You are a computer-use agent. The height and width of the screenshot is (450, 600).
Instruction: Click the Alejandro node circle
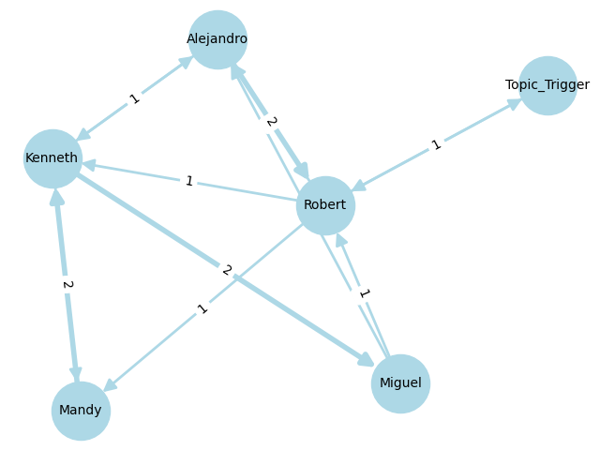point(217,39)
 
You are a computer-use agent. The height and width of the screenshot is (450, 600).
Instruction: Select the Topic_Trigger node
point(547,85)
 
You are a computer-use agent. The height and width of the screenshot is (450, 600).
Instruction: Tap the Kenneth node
point(52,157)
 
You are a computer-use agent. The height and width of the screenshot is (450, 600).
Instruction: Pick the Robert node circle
point(325,205)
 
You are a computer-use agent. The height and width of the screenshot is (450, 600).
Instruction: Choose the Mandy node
point(81,411)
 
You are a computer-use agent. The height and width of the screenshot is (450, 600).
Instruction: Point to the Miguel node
point(400,383)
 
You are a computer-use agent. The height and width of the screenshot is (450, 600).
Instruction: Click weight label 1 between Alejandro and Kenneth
point(135,98)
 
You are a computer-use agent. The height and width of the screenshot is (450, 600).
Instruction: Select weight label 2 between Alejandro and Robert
point(271,122)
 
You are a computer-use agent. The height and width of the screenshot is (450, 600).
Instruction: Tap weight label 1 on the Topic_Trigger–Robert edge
point(436,145)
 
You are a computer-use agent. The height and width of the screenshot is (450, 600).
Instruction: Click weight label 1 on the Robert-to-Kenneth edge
point(189,181)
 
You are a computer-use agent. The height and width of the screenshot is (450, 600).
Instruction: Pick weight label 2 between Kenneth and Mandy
point(67,284)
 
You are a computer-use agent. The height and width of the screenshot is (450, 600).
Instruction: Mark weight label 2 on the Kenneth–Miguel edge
point(226,270)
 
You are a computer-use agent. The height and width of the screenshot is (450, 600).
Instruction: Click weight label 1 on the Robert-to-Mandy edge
point(202,308)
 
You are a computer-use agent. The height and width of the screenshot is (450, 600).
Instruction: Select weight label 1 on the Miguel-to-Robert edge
point(364,294)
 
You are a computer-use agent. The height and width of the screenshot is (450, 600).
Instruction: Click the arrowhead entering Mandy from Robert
point(109,385)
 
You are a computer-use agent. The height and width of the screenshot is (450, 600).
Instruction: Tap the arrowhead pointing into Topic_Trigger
point(515,102)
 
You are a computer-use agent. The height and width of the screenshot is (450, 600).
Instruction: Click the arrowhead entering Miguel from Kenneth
point(367,361)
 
